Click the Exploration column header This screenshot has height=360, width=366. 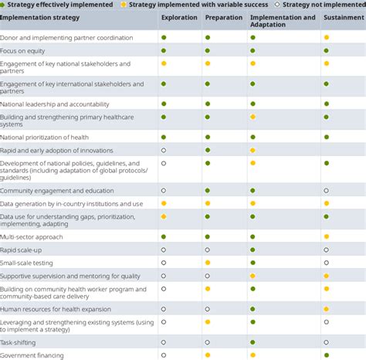click(178, 17)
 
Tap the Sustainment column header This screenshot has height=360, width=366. click(344, 17)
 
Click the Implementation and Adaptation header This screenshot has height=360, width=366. click(283, 21)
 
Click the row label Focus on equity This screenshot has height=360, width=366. click(23, 51)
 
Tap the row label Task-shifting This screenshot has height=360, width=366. click(18, 341)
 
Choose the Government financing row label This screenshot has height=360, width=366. click(32, 355)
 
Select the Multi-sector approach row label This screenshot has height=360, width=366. click(32, 236)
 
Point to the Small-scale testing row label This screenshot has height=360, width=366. click(28, 263)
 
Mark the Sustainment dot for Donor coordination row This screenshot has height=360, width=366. click(327, 38)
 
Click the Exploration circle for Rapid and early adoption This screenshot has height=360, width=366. click(164, 150)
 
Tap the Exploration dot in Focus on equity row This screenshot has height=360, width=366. click(164, 51)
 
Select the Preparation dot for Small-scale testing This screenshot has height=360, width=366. click(208, 263)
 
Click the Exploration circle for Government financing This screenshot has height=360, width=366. click(164, 355)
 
